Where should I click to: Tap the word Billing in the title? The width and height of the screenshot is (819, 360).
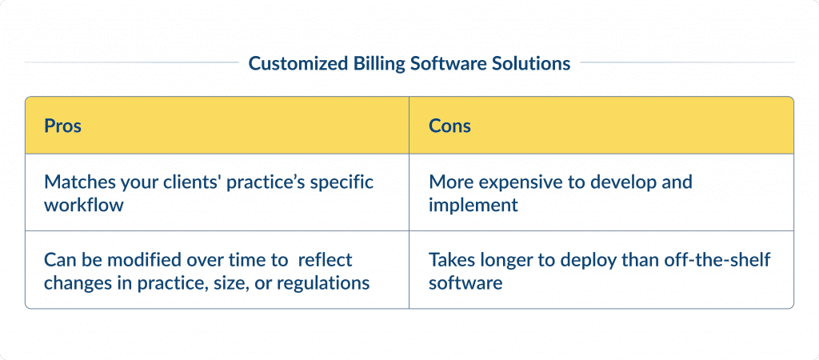pos(374,63)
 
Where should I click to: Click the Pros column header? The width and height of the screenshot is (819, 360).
pos(62,126)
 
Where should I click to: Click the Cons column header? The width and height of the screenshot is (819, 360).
pos(449,126)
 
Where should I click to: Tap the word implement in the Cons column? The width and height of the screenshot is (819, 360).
pos(473,206)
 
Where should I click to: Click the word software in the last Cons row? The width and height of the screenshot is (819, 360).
pos(465,283)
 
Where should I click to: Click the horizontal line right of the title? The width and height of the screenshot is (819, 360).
pos(687,62)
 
